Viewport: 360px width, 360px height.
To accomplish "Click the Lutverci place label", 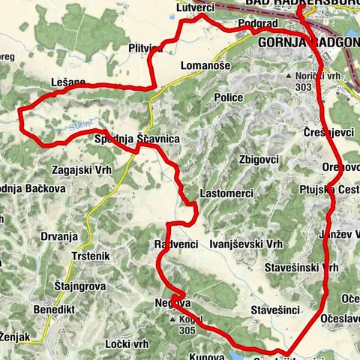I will click(x=196, y=6).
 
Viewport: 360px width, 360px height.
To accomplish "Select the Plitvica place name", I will click(x=145, y=48).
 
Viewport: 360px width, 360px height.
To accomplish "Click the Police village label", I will click(x=228, y=99).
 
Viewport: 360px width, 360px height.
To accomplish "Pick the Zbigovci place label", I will click(x=258, y=160).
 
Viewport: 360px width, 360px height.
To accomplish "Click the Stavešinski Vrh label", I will click(x=302, y=268).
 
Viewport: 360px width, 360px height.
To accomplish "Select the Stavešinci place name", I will click(x=276, y=309).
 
